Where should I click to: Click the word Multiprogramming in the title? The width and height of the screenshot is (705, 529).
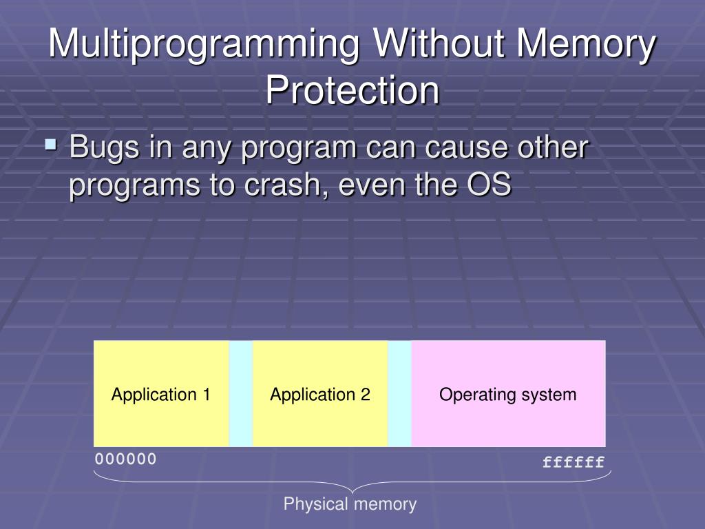[x=205, y=45]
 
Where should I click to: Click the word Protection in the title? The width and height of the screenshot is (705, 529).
[x=352, y=90]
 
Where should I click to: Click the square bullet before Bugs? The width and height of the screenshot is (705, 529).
[x=50, y=145]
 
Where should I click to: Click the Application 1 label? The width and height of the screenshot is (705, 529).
[x=161, y=395]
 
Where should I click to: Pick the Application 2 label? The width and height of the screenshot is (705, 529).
[x=320, y=395]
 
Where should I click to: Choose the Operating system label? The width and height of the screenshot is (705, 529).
[x=508, y=395]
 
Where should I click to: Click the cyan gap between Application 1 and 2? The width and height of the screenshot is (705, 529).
[x=241, y=394]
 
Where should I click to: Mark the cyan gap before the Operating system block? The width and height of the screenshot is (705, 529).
[x=399, y=394]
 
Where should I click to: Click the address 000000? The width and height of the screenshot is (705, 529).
[x=126, y=459]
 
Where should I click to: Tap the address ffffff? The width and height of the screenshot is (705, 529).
[x=574, y=462]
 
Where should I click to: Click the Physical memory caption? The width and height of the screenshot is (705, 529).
[x=350, y=504]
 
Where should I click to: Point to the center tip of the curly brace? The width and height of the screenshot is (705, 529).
[x=352, y=491]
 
